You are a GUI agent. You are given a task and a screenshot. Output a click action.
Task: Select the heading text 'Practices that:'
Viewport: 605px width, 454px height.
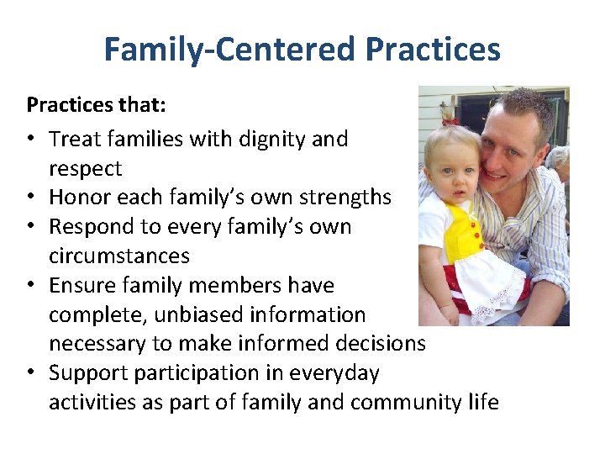tap(84, 105)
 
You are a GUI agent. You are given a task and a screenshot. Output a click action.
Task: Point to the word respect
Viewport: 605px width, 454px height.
tap(85, 168)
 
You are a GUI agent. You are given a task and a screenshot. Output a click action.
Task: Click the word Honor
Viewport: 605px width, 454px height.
tap(75, 197)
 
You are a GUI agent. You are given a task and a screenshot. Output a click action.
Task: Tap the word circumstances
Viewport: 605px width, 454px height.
tap(118, 256)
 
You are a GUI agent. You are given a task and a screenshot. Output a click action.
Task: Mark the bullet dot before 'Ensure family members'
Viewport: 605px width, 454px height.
tap(32, 286)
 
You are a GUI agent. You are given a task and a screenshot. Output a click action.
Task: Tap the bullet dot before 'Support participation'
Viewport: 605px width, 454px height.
tap(32, 373)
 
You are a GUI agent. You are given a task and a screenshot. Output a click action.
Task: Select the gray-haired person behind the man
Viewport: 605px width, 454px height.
tap(558, 164)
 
